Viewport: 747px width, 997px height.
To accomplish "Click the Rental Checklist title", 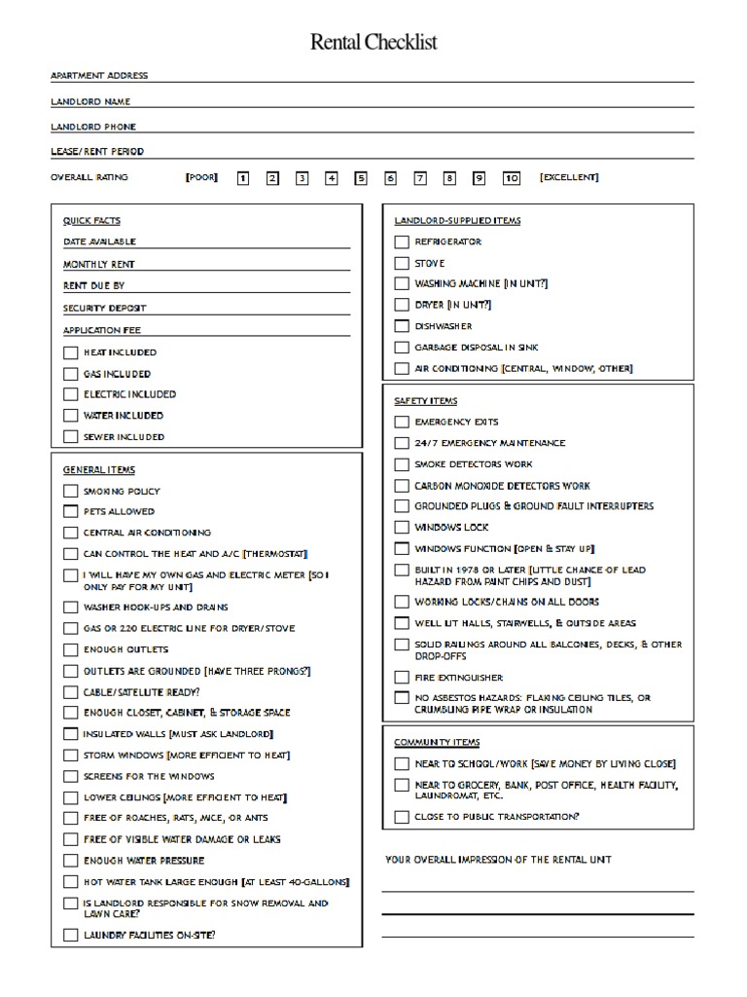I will (373, 42).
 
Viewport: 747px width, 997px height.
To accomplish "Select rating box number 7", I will (420, 178).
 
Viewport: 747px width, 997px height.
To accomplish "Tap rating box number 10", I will (512, 178).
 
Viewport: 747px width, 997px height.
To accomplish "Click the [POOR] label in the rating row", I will (201, 177).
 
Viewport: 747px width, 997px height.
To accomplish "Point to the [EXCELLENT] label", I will (569, 177).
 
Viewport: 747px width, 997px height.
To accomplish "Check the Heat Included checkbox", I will (70, 352).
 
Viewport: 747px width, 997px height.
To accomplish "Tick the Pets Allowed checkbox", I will (70, 511).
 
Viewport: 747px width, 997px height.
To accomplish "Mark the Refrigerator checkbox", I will (402, 241).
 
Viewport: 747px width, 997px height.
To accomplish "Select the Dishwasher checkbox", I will (402, 326).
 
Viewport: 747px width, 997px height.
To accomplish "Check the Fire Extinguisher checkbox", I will (402, 677).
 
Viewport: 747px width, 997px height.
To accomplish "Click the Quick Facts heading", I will (91, 221).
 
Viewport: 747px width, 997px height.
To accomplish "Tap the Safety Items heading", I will (425, 401).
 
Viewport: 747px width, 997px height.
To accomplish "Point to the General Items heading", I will (99, 470).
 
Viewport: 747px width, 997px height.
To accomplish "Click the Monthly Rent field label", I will (99, 264).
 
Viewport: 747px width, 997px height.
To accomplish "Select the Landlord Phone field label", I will (93, 127).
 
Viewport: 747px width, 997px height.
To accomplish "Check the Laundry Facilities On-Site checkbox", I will (70, 935).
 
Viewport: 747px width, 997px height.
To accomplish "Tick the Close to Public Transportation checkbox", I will (402, 817).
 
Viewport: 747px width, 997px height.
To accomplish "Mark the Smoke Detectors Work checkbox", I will (402, 464).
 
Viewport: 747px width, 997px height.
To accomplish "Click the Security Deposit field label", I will (104, 308).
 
